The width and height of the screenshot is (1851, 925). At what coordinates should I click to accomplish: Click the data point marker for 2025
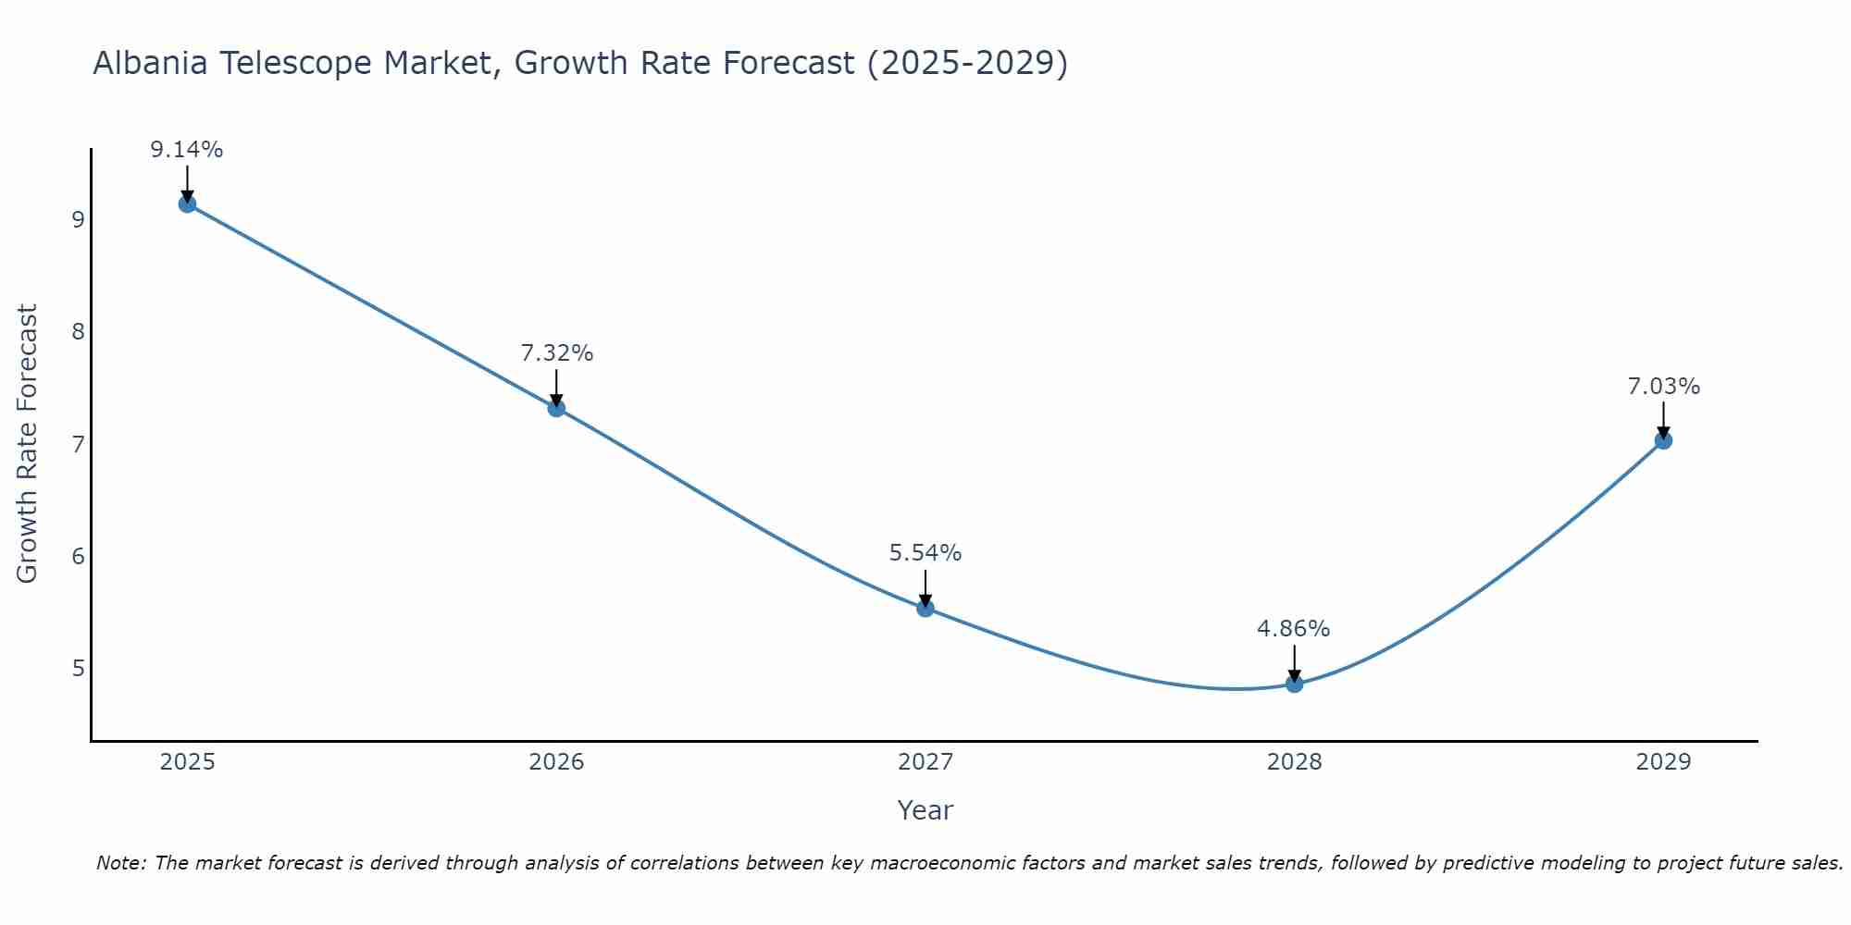(187, 203)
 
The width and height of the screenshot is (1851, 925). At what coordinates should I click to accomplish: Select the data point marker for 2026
(556, 408)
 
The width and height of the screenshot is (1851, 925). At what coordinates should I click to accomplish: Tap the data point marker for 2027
(925, 608)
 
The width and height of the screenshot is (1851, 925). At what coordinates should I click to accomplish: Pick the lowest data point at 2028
(1294, 684)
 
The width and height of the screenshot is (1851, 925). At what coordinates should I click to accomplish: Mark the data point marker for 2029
(1663, 440)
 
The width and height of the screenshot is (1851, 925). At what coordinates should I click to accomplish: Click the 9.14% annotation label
(187, 150)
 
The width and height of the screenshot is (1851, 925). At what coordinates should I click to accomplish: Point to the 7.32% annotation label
(556, 353)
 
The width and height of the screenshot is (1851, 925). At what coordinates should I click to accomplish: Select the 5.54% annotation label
(925, 553)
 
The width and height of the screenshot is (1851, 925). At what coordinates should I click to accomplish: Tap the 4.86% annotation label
(1294, 629)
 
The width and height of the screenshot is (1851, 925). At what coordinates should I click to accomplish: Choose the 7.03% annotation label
(1663, 387)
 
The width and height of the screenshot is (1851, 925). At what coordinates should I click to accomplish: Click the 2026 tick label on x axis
(556, 762)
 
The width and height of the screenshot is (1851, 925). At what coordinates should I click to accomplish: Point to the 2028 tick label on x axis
(1294, 762)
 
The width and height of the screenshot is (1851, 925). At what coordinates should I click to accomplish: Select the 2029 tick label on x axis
(1663, 762)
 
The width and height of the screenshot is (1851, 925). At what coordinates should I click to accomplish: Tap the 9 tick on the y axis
(78, 220)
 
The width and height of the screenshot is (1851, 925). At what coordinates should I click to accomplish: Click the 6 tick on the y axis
(78, 556)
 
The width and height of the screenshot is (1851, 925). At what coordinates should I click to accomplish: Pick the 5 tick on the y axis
(78, 668)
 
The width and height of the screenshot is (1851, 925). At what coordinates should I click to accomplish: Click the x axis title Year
(925, 810)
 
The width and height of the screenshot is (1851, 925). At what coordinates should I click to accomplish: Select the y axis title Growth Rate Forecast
(28, 444)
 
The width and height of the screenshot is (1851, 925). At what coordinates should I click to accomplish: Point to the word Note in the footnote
(120, 863)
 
